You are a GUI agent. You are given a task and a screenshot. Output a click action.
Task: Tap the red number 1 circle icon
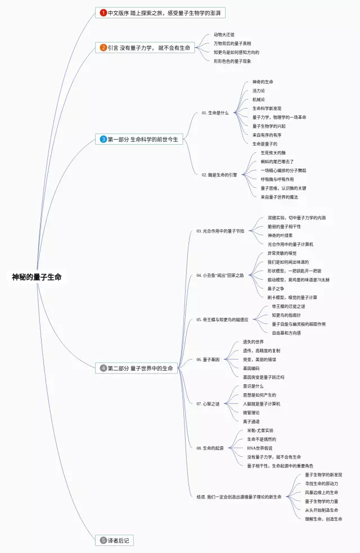tap(103, 12)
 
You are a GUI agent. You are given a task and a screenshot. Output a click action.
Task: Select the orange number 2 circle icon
tap(103, 48)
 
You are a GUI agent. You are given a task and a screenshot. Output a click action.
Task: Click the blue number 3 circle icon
tap(103, 139)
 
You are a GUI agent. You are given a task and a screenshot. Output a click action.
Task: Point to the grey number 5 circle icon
tap(103, 540)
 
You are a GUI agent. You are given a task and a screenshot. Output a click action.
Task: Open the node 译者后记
tap(120, 540)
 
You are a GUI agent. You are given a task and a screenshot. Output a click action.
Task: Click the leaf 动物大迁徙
tap(224, 35)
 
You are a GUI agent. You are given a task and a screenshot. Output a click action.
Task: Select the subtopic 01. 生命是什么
tap(215, 113)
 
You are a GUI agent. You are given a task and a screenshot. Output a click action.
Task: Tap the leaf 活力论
tap(258, 91)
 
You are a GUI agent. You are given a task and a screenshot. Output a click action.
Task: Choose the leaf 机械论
tap(258, 100)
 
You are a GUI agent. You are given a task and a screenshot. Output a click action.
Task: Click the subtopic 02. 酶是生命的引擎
tap(219, 175)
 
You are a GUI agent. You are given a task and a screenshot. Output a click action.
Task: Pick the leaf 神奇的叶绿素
tap(280, 235)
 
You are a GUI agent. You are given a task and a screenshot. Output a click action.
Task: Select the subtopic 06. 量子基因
tap(208, 359)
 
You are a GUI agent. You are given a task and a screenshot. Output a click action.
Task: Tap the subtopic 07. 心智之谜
tap(208, 403)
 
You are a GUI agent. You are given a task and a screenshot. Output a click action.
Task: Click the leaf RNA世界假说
tap(260, 448)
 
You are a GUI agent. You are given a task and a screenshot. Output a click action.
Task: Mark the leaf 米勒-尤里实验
tap(260, 430)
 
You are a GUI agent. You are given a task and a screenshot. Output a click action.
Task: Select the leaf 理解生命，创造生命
tap(323, 519)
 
